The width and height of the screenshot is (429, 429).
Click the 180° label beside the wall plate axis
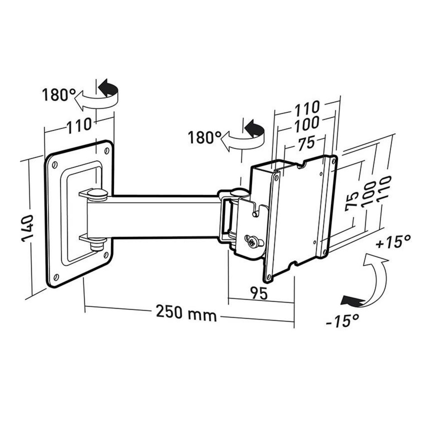click(x=58, y=95)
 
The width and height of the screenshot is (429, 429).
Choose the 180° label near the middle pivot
click(x=204, y=137)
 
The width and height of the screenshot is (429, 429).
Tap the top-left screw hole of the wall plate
click(x=54, y=165)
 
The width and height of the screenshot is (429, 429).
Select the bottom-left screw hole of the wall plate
click(x=55, y=277)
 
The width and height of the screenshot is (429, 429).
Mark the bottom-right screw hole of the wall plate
click(x=106, y=255)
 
